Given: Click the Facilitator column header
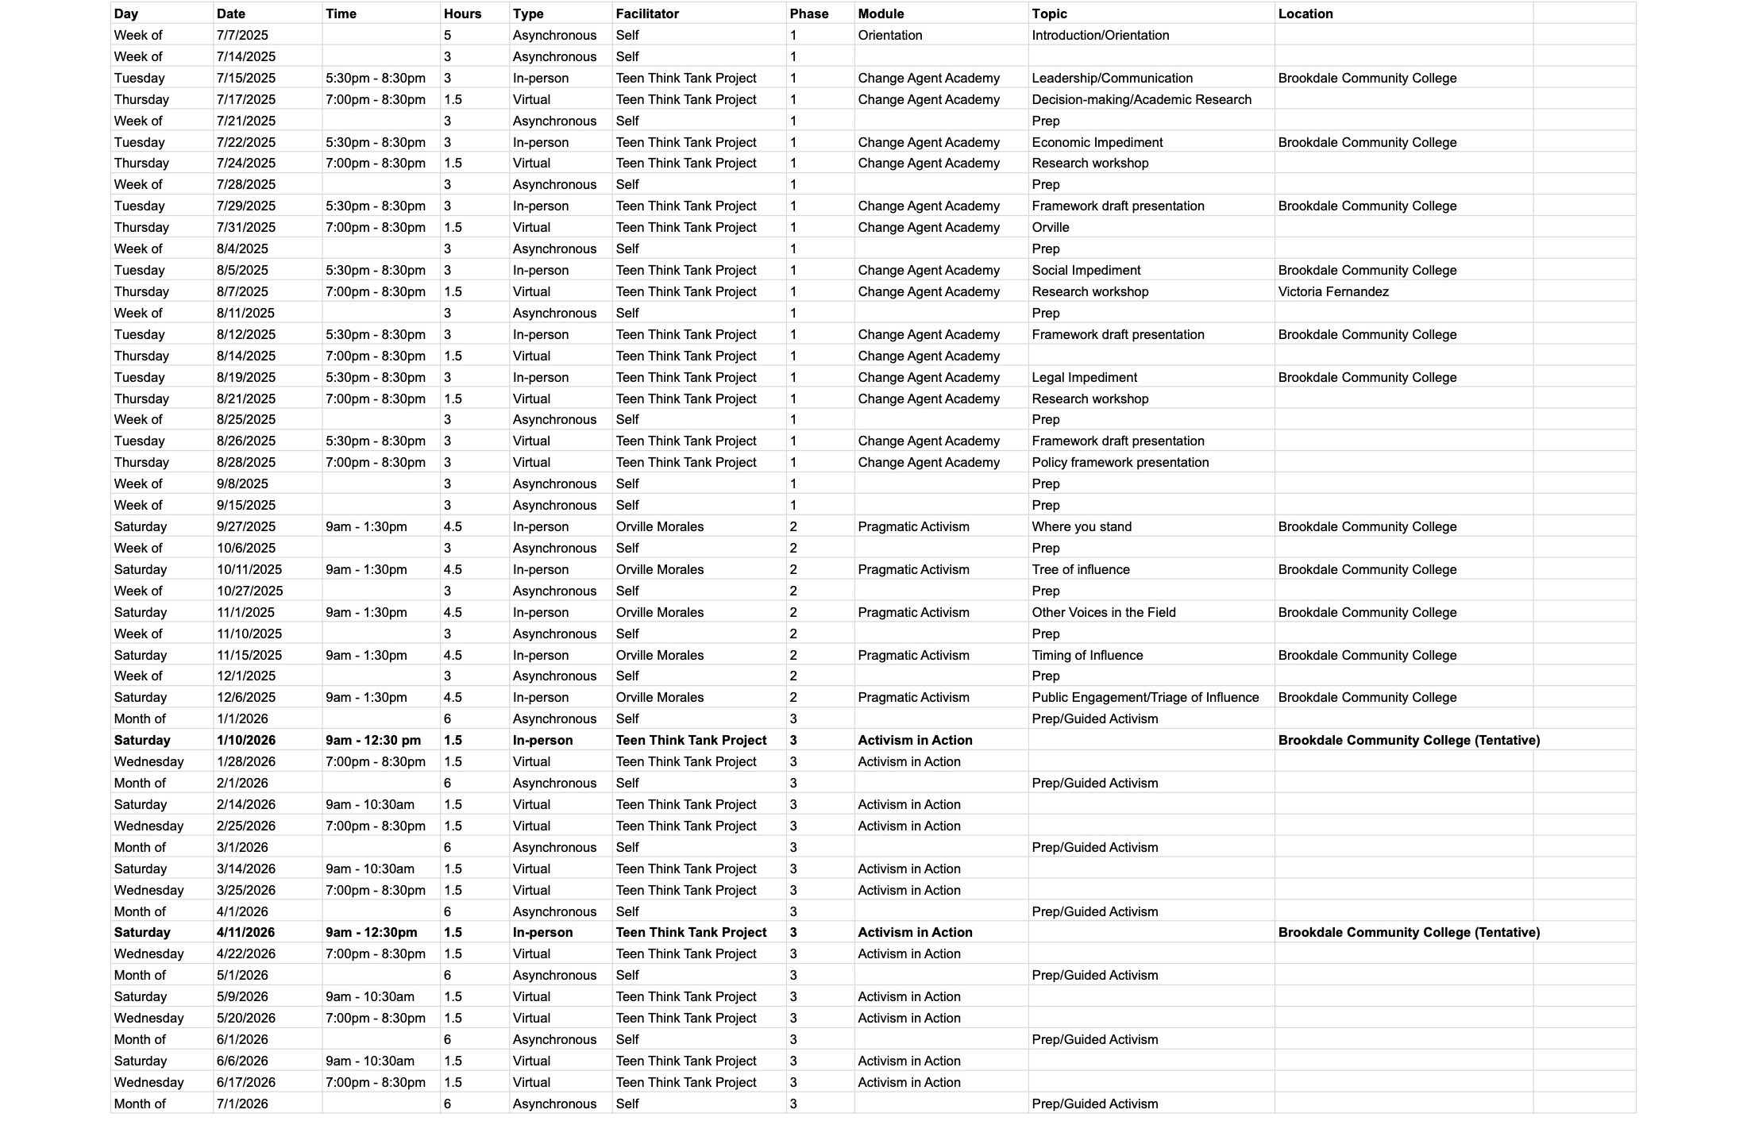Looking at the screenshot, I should pyautogui.click(x=647, y=13).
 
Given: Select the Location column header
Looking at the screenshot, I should pyautogui.click(x=1305, y=13).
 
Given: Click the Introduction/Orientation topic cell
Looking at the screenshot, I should pyautogui.click(x=1100, y=35).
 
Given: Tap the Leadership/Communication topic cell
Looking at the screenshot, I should pyautogui.click(x=1112, y=78).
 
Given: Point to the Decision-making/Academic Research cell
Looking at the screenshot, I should pyautogui.click(x=1141, y=99).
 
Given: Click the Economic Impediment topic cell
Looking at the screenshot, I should pyautogui.click(x=1097, y=142).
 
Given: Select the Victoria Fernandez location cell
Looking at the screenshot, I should pyautogui.click(x=1333, y=291).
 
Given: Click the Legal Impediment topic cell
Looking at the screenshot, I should pyautogui.click(x=1084, y=377).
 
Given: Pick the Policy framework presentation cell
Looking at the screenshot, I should pyautogui.click(x=1120, y=462).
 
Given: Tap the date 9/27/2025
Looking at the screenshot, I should pyautogui.click(x=246, y=526).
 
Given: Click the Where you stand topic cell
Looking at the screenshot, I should pyautogui.click(x=1082, y=526).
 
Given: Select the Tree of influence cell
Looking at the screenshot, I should pyautogui.click(x=1080, y=569).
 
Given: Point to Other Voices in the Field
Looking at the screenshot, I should pyautogui.click(x=1103, y=612).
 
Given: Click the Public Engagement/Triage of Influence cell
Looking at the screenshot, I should pyautogui.click(x=1145, y=697).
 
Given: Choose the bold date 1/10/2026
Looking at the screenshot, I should pyautogui.click(x=246, y=740).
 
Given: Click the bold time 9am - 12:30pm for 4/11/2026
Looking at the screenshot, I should pyautogui.click(x=371, y=932).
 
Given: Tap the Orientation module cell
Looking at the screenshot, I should pyautogui.click(x=889, y=35).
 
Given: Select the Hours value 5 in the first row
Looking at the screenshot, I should pyautogui.click(x=448, y=35).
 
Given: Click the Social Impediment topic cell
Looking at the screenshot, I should pyautogui.click(x=1086, y=270).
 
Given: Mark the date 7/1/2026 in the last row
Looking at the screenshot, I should pyautogui.click(x=242, y=1104).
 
